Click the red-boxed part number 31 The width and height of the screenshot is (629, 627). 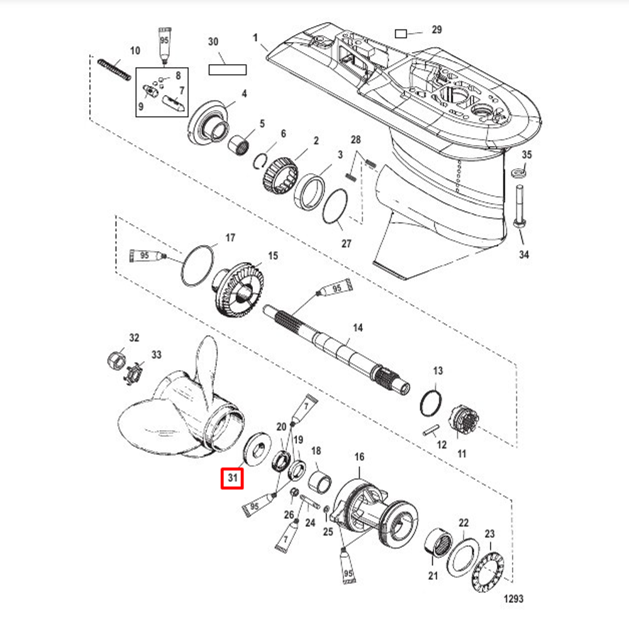233,478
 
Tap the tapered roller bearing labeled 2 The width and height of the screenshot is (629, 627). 279,173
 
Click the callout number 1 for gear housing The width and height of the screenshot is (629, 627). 255,38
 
